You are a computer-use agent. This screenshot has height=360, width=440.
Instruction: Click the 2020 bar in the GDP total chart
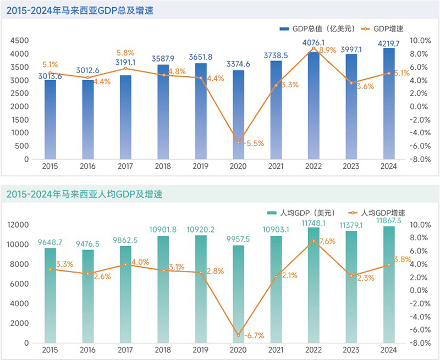click(239, 115)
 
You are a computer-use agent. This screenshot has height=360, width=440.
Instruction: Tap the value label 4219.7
click(389, 42)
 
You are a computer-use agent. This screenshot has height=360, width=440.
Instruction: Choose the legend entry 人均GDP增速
click(378, 213)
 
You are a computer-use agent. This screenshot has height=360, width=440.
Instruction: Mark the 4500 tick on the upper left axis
click(19, 41)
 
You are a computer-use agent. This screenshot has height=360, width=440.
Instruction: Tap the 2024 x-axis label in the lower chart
click(389, 350)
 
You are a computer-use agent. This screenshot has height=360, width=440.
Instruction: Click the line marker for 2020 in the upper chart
click(239, 142)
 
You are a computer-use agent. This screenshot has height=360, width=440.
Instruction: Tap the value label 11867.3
click(389, 220)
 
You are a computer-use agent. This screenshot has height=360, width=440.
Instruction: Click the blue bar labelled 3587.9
click(163, 112)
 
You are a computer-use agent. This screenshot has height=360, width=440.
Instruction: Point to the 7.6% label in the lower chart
click(327, 241)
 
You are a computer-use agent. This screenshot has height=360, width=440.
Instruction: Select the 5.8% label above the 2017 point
click(125, 53)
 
